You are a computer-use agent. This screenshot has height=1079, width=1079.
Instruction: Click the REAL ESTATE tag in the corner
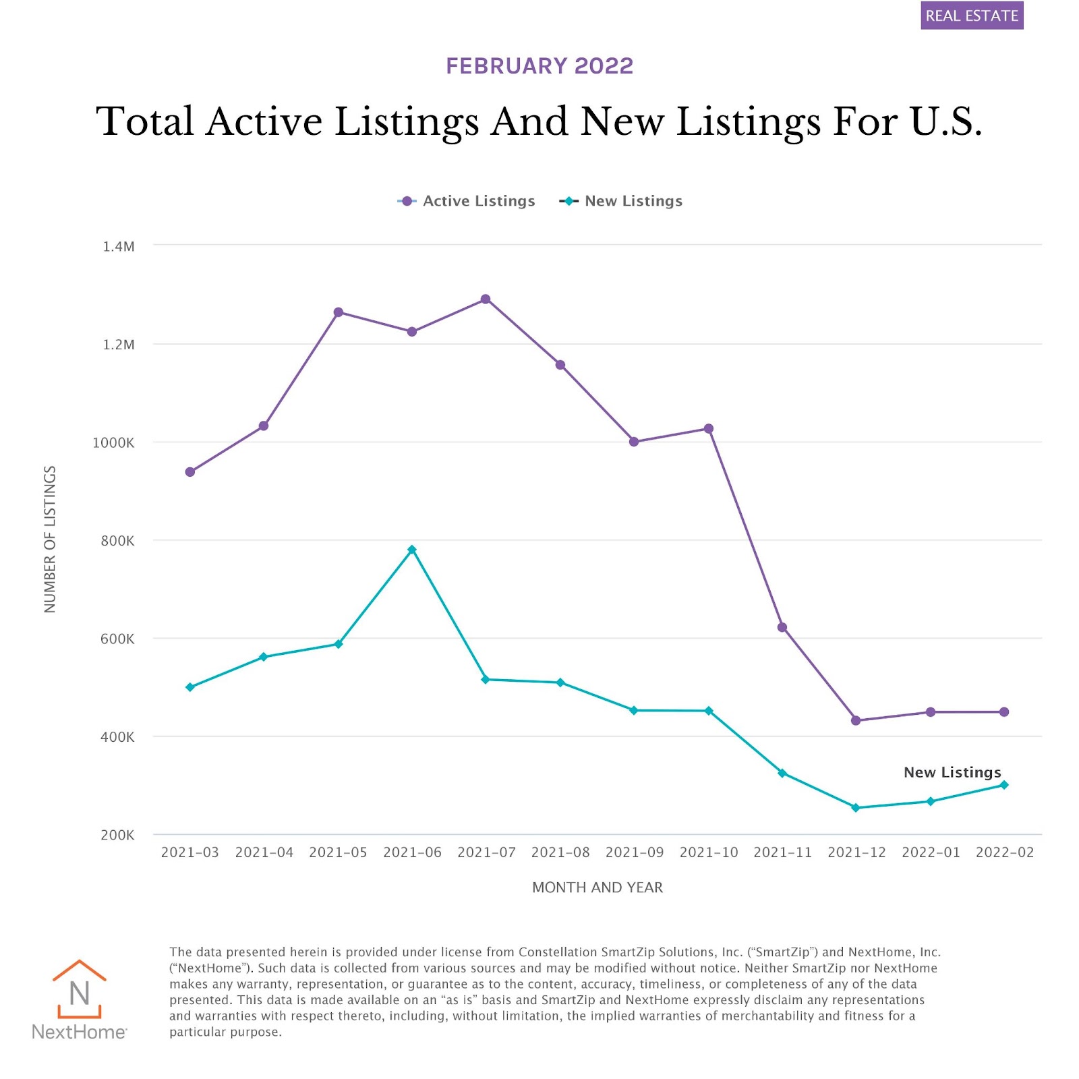coord(971,16)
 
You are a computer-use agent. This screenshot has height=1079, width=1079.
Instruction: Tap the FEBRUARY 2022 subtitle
coord(539,66)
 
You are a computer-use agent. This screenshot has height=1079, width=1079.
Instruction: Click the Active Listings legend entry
coord(467,201)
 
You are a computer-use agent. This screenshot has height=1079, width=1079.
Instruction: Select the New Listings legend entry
coord(621,201)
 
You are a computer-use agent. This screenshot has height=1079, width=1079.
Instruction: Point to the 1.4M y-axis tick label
coord(119,247)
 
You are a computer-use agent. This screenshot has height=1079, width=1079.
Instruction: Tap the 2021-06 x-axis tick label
coord(412,852)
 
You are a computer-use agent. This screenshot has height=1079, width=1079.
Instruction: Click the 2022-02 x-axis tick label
coord(1004,852)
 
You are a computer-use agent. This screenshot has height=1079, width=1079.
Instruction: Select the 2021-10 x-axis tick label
coord(708,852)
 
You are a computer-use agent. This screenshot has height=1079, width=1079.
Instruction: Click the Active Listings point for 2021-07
coord(486,299)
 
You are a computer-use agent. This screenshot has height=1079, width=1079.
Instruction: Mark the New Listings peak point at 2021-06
coord(412,550)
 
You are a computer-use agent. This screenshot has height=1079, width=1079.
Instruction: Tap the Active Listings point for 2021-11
coord(782,627)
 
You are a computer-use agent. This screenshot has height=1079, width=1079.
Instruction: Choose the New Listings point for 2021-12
coord(856,807)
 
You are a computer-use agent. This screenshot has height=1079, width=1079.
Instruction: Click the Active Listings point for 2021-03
coord(190,472)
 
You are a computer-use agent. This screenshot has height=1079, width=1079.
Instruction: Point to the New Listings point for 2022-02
coord(1004,785)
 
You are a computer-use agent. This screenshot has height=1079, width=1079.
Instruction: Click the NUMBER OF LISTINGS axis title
coord(50,539)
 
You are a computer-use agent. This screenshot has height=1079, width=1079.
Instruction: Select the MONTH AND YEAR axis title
coord(597,887)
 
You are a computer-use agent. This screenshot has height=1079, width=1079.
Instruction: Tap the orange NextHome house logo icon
coord(80,989)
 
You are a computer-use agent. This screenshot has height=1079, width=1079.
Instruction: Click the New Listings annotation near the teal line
coord(952,772)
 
